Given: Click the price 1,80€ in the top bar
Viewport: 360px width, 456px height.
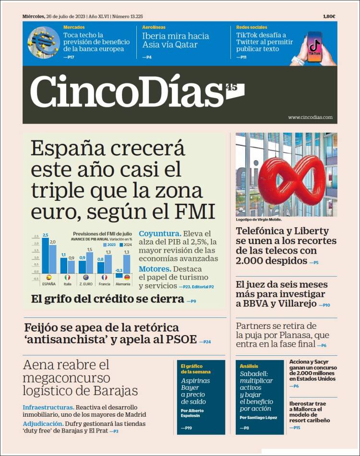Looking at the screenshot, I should (x=329, y=16).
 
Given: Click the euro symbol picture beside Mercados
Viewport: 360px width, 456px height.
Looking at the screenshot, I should (x=44, y=43).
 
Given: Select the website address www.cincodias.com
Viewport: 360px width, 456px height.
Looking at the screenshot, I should (x=310, y=117).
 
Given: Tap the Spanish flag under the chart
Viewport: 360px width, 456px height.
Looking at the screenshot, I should (x=48, y=277).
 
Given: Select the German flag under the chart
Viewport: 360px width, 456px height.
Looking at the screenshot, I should (x=127, y=277).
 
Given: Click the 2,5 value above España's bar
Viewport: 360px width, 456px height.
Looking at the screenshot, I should (x=46, y=235).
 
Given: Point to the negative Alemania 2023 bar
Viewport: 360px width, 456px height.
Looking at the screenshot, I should (x=119, y=276).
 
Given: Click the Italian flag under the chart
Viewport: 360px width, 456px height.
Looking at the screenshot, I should (x=68, y=277).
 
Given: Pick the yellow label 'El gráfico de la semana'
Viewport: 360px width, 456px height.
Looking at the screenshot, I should (x=195, y=369).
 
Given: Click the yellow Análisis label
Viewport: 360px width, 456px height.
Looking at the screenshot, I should (x=249, y=366).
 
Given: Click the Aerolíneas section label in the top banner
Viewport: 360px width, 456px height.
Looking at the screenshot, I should (x=154, y=27).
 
